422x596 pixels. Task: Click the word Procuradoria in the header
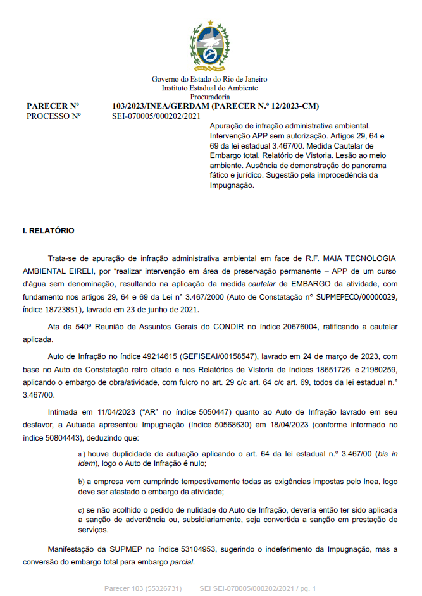pos(209,97)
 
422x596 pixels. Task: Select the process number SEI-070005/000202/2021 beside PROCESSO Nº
pos(156,116)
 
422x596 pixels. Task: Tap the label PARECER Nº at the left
pos(53,106)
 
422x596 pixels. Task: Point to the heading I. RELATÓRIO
pos(48,231)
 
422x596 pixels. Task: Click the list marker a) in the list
pos(82,454)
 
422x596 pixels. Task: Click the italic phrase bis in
pos(386,454)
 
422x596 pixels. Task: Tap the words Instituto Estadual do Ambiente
pos(209,88)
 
